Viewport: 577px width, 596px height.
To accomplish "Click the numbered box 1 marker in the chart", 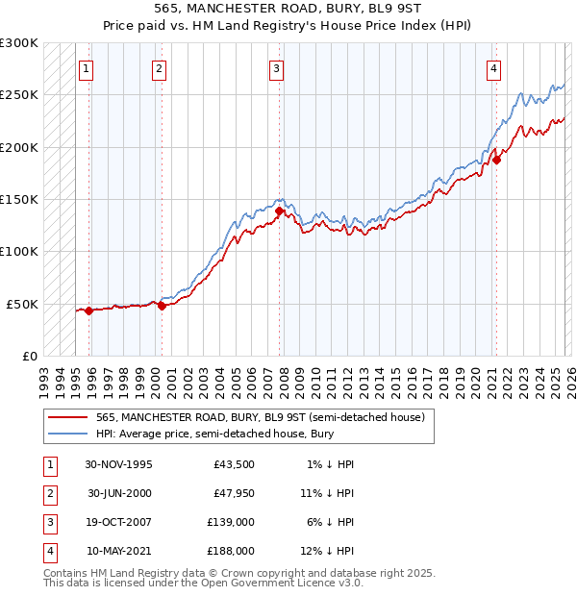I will [x=88, y=68].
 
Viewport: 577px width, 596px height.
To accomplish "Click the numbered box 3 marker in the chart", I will [x=276, y=68].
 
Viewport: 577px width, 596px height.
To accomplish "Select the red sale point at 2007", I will [x=279, y=211].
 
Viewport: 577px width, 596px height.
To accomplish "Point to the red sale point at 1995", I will [x=89, y=310].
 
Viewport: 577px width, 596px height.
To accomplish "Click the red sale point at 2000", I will [x=162, y=306].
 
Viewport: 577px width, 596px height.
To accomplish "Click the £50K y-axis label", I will [x=23, y=304].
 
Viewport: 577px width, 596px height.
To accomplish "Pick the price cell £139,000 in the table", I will [x=231, y=524].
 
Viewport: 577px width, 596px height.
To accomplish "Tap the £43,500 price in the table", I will [x=234, y=464].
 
